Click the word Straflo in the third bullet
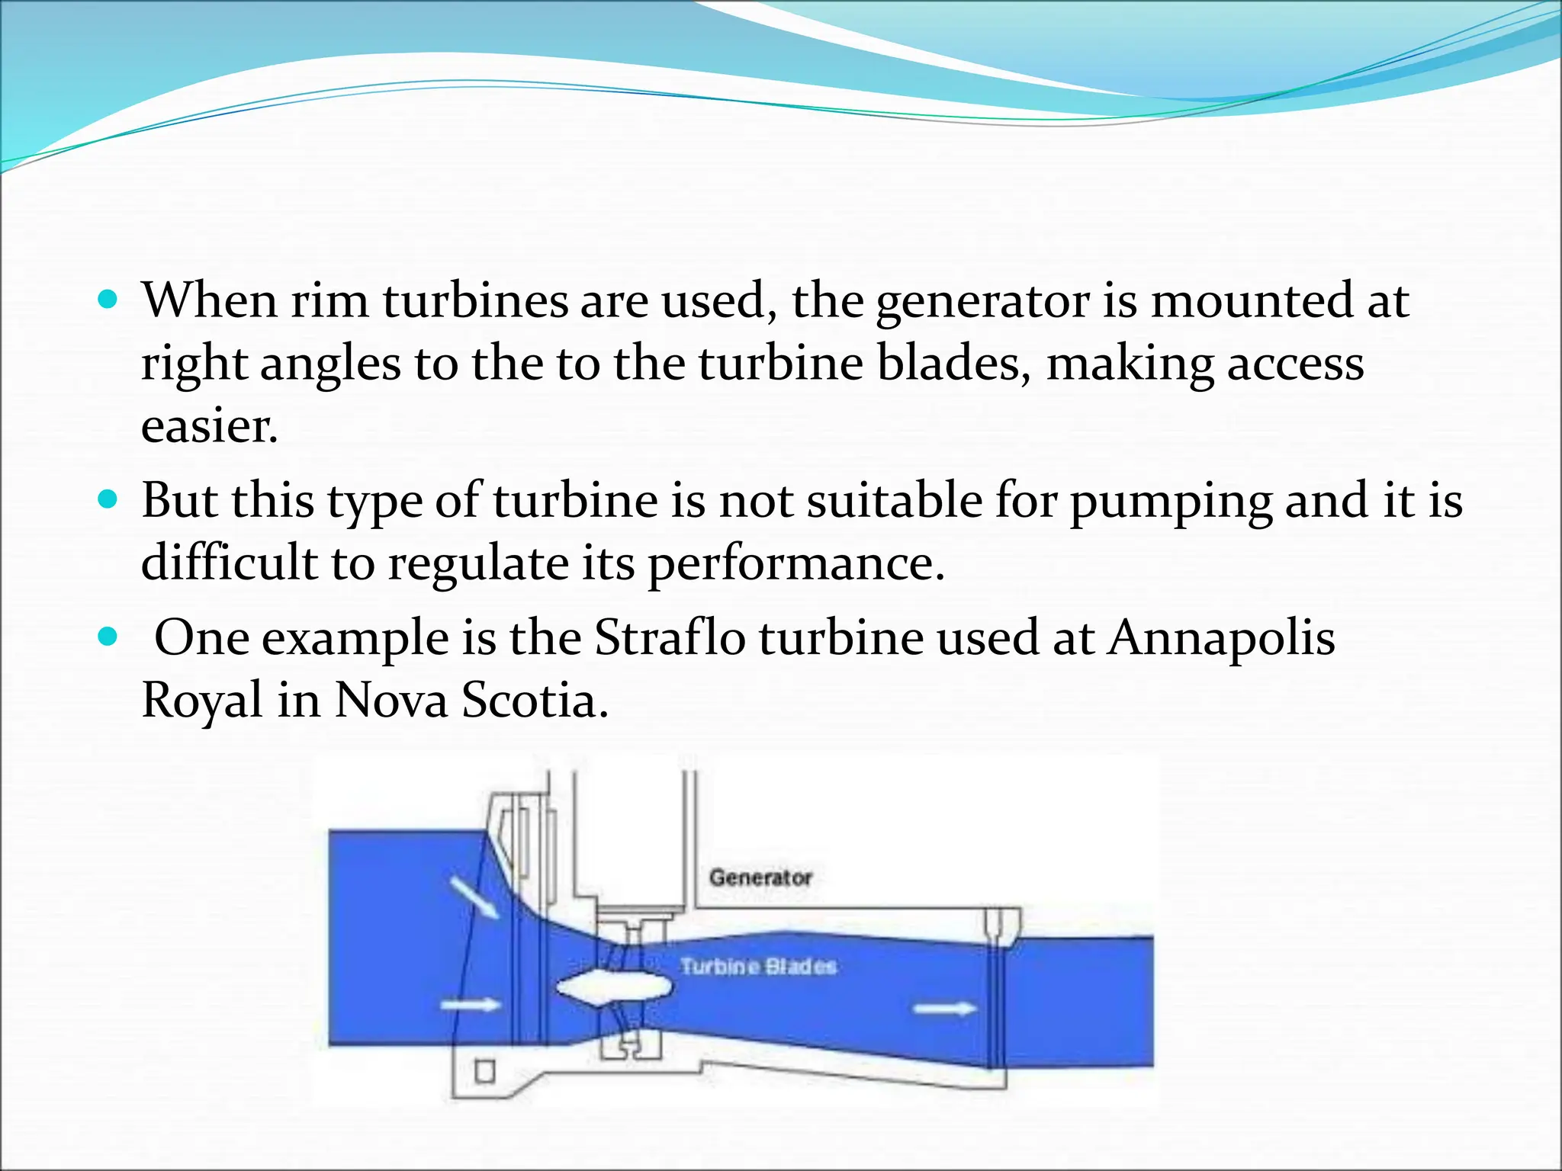[x=669, y=637]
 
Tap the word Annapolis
[x=1221, y=637]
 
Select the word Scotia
[x=534, y=700]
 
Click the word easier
[x=209, y=425]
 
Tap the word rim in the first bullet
[x=329, y=300]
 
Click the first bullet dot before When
[x=109, y=299]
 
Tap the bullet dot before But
[x=109, y=500]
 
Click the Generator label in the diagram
[x=760, y=877]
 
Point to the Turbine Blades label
[x=758, y=967]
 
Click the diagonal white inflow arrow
[x=474, y=897]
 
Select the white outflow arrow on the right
[x=945, y=1009]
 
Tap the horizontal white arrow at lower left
[x=471, y=1006]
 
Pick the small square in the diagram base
[x=484, y=1071]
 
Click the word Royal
[x=202, y=700]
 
